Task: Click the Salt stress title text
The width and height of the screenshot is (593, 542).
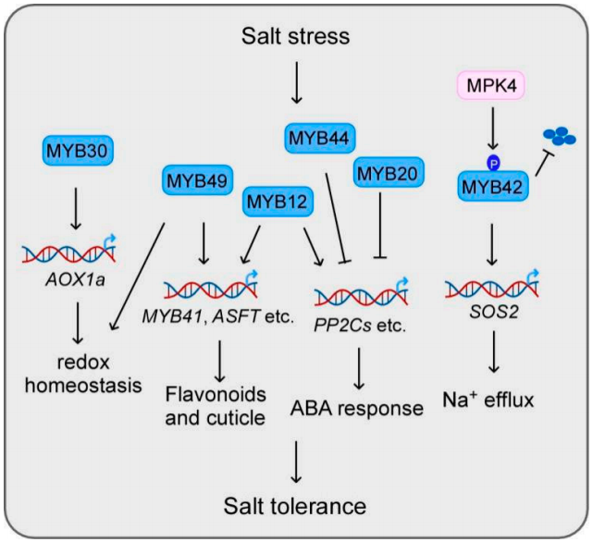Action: pyautogui.click(x=296, y=37)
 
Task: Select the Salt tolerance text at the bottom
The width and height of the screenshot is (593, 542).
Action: pyautogui.click(x=295, y=505)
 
